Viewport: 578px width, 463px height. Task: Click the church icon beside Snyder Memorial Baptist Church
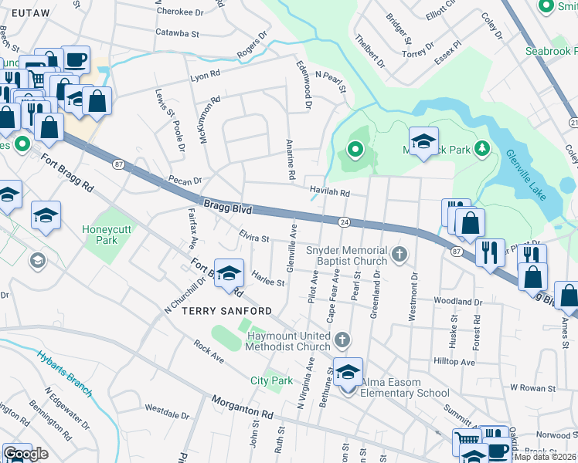(x=399, y=255)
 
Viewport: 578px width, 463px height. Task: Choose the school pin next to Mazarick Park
(x=423, y=143)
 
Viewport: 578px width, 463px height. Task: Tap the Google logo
(x=25, y=454)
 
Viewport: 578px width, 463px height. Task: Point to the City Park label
(x=271, y=380)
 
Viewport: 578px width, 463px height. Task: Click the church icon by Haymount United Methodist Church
(x=342, y=340)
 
